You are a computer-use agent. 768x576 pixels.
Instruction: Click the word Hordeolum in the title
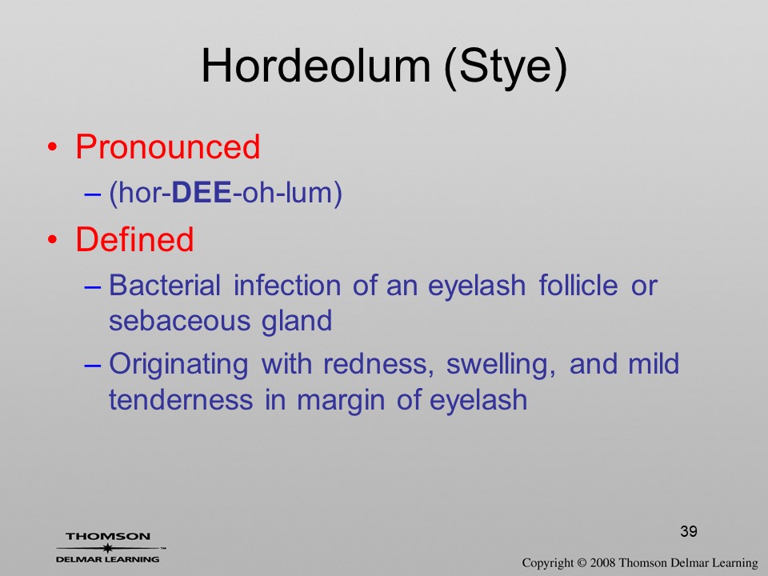[316, 66]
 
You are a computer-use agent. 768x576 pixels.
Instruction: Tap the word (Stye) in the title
[506, 67]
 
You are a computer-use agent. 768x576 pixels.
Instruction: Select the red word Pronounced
[167, 146]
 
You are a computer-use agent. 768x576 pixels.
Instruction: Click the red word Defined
[134, 239]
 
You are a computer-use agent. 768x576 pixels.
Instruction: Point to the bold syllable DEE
[202, 193]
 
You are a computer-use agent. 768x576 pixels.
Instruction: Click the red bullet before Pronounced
[53, 147]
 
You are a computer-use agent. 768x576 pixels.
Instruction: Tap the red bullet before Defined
[53, 239]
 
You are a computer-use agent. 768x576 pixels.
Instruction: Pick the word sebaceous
[178, 321]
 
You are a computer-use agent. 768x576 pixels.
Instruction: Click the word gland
[297, 322]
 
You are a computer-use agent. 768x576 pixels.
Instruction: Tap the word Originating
[178, 365]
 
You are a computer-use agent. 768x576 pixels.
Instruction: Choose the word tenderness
[181, 399]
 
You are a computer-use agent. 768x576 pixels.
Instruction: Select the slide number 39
[689, 531]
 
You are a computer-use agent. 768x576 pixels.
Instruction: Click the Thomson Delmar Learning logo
[108, 547]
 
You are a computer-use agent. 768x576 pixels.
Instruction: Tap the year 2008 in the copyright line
[603, 562]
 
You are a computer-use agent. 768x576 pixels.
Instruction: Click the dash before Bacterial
[93, 286]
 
